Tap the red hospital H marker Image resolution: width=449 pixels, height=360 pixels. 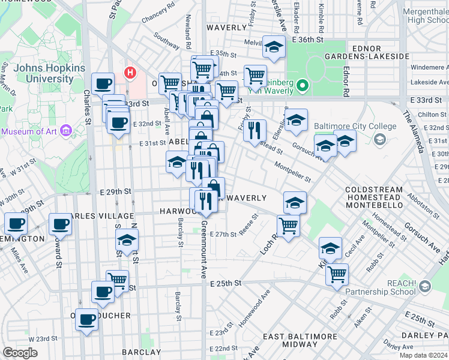point(129,73)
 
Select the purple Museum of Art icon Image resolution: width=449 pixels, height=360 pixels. point(66,130)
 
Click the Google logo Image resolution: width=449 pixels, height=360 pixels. point(20,353)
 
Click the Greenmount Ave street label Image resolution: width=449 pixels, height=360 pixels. point(203,249)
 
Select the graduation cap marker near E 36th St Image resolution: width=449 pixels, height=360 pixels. point(274,47)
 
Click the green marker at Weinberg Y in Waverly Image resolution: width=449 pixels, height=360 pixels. point(303,85)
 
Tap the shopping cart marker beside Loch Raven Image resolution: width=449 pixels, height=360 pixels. point(289,226)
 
